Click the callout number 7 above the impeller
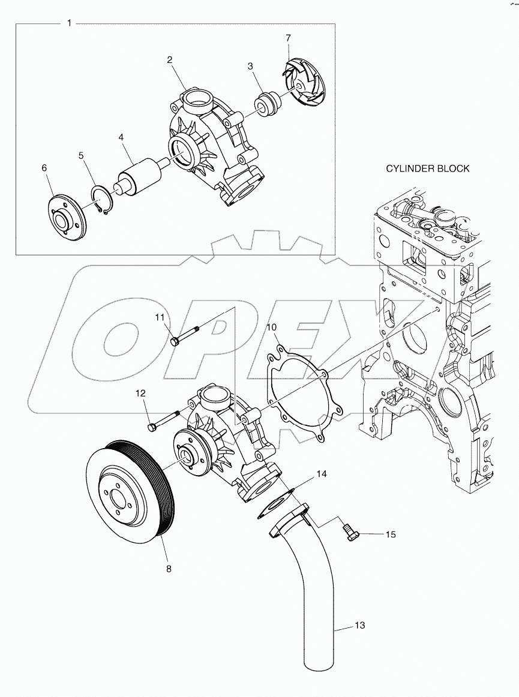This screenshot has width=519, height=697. [288, 38]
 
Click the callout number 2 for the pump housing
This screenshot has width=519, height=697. [170, 59]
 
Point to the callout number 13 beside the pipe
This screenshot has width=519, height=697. [359, 626]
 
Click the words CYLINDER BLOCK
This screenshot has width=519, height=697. [427, 169]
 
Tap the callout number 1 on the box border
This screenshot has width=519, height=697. [70, 23]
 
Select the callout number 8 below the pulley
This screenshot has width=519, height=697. [169, 568]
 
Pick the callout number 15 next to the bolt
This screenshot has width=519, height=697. [391, 534]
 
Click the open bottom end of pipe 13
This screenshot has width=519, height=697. [319, 665]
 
